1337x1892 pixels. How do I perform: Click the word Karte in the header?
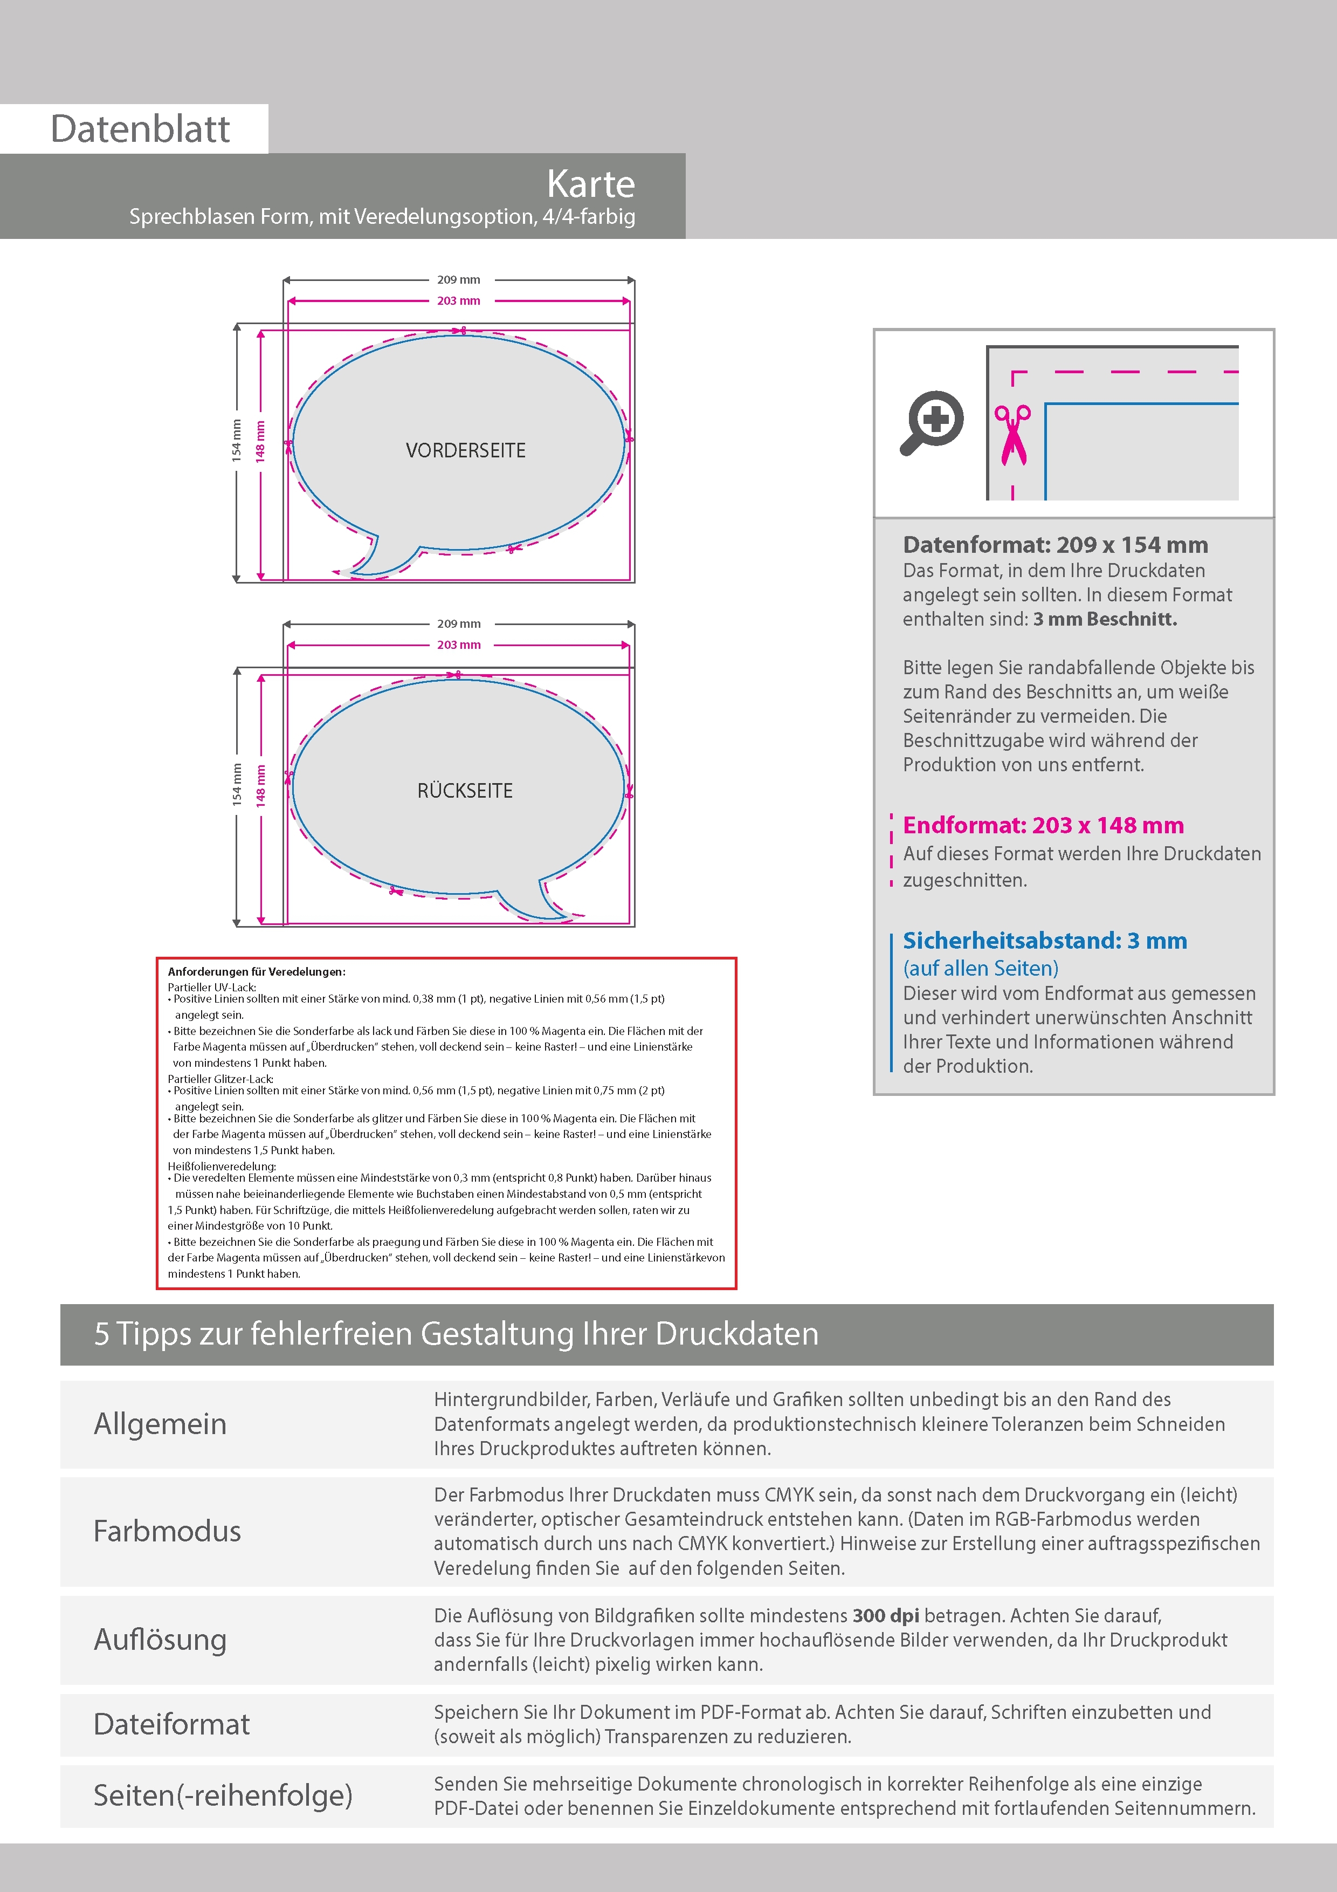tap(591, 184)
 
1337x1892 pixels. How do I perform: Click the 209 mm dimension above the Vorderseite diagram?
tap(458, 280)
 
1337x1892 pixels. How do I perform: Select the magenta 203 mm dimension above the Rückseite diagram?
tap(458, 645)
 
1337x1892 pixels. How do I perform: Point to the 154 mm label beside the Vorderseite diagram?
tap(237, 440)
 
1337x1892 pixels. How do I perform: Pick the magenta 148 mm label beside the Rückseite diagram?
tap(260, 785)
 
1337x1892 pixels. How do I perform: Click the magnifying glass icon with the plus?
tap(932, 422)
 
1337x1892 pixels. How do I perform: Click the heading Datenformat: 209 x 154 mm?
tap(1055, 545)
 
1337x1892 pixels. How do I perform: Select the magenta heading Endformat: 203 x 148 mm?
tap(1043, 825)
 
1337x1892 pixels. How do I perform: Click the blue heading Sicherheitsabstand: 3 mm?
tap(1045, 940)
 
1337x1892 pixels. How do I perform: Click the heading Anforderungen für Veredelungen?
tap(256, 971)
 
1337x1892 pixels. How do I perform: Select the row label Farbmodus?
tap(167, 1531)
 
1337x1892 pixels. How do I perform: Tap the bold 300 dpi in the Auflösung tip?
tap(886, 1616)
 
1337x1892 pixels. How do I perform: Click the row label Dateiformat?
tap(171, 1724)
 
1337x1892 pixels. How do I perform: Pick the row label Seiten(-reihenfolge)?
tap(223, 1795)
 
